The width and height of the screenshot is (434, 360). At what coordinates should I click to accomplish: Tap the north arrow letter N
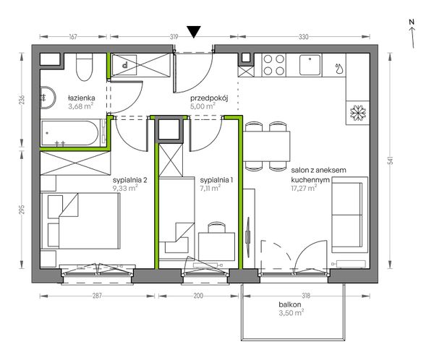click(x=412, y=22)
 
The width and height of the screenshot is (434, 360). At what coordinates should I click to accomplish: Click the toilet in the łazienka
click(x=84, y=67)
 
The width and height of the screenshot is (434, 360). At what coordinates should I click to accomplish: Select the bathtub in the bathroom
click(x=69, y=133)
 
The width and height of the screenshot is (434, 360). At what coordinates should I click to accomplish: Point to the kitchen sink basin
click(x=310, y=65)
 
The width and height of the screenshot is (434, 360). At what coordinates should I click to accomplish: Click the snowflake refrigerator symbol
click(x=358, y=113)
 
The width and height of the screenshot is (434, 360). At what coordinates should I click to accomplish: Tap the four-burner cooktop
click(x=273, y=65)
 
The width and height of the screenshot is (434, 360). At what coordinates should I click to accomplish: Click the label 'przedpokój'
click(x=209, y=98)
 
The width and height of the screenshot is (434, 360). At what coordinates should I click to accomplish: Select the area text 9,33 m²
click(x=125, y=188)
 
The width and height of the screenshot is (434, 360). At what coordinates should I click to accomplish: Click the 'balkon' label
click(x=290, y=304)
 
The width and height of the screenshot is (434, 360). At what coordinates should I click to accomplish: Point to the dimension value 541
click(x=391, y=160)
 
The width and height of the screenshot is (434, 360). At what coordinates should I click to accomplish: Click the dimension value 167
click(x=73, y=37)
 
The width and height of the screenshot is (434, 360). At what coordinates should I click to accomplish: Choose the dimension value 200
click(x=198, y=296)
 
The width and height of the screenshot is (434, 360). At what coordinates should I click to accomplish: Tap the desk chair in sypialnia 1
click(x=216, y=227)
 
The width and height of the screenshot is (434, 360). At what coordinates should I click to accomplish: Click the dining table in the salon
click(x=266, y=146)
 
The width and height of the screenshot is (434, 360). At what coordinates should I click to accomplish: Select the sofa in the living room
click(x=349, y=215)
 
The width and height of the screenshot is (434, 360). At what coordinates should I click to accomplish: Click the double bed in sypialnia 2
click(x=80, y=220)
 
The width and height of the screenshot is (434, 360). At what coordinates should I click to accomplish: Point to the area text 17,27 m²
click(x=304, y=189)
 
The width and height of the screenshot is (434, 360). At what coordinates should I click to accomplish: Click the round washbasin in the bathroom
click(x=48, y=98)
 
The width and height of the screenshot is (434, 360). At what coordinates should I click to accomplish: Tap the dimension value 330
click(x=303, y=37)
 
